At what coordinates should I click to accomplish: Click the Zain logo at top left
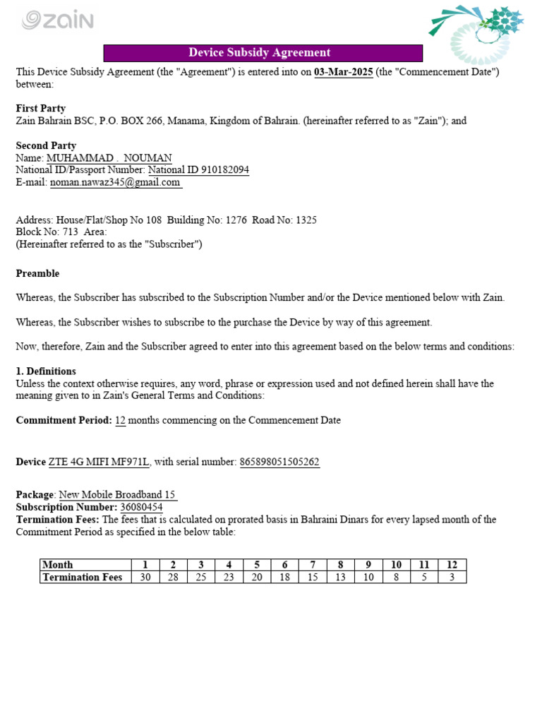pos(58,20)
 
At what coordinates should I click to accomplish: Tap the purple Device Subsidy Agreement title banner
pos(263,53)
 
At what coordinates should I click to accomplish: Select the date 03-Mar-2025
pos(343,73)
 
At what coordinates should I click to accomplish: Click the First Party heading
pos(41,109)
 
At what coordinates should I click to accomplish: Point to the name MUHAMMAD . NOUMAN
pos(109,158)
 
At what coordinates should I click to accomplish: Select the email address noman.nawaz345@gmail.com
pos(115,182)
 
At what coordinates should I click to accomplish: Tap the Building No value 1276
pos(236,220)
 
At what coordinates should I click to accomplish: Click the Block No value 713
pos(71,232)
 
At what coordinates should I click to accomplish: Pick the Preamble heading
pos(37,273)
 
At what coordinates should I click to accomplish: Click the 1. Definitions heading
pos(46,371)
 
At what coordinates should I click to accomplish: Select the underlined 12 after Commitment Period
pos(120,420)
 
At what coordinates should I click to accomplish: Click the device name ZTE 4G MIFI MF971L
pos(99,462)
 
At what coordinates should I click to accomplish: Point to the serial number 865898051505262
pos(279,462)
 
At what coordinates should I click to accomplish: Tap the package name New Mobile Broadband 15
pos(117,495)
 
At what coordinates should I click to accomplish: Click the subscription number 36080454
pos(141,507)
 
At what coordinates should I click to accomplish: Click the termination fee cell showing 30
pos(145,578)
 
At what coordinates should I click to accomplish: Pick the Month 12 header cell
pos(452,565)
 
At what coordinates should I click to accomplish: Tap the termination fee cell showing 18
pos(285,578)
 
